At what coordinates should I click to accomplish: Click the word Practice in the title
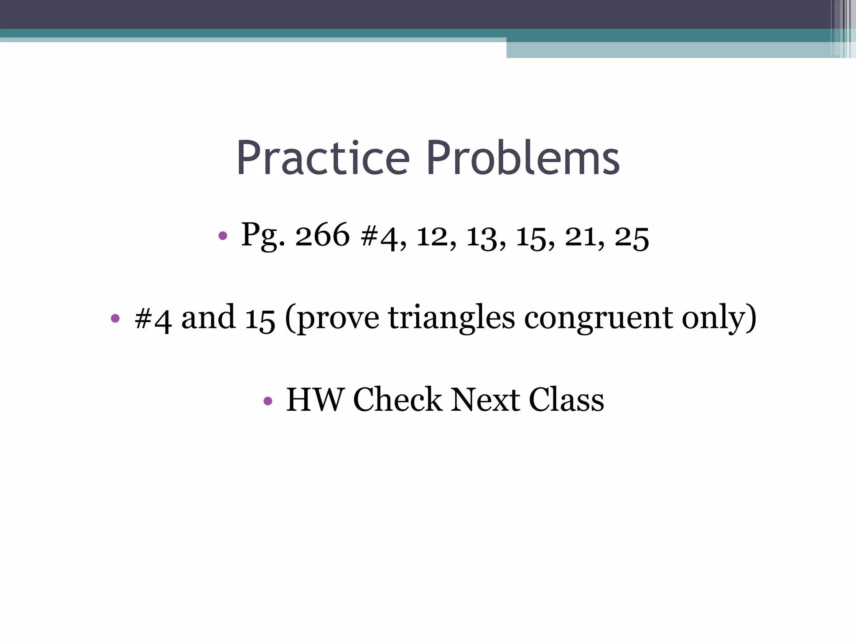323,158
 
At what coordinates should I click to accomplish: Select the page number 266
322,235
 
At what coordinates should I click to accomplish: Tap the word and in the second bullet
208,318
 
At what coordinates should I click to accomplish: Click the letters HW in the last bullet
314,400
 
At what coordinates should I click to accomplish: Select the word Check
397,400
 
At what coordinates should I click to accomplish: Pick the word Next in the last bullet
485,400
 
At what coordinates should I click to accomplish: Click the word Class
566,400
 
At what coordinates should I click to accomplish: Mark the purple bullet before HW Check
268,402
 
